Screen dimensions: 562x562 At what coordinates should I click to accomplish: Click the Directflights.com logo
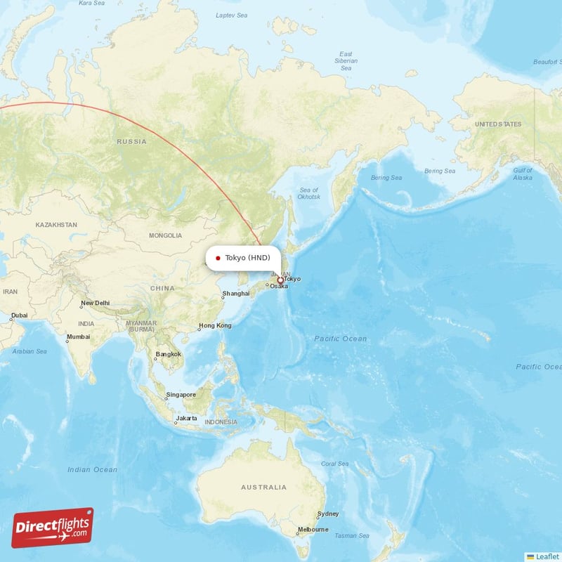(53, 528)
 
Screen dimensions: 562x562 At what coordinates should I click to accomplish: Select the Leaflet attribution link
(547, 556)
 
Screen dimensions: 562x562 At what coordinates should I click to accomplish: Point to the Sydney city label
(328, 514)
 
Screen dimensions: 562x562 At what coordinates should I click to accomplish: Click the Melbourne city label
(313, 530)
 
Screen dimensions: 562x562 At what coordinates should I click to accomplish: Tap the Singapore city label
(181, 395)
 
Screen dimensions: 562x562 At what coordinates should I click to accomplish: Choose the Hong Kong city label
(215, 325)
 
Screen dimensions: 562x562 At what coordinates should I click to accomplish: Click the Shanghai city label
(236, 294)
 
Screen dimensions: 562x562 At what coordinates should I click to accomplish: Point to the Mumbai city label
(78, 336)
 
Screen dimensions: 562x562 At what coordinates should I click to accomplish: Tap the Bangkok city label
(169, 354)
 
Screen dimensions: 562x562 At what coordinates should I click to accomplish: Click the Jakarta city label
(187, 418)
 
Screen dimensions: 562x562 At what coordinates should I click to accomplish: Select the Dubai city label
(19, 315)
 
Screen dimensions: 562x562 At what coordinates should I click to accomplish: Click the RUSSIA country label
(132, 141)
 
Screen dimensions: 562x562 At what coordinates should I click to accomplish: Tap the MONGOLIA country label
(166, 235)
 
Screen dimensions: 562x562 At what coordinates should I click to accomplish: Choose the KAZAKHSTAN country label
(56, 225)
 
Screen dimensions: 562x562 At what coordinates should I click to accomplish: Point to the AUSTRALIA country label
(263, 487)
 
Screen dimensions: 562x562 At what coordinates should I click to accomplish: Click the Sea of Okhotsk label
(309, 193)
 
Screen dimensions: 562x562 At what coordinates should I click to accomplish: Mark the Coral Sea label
(334, 464)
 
